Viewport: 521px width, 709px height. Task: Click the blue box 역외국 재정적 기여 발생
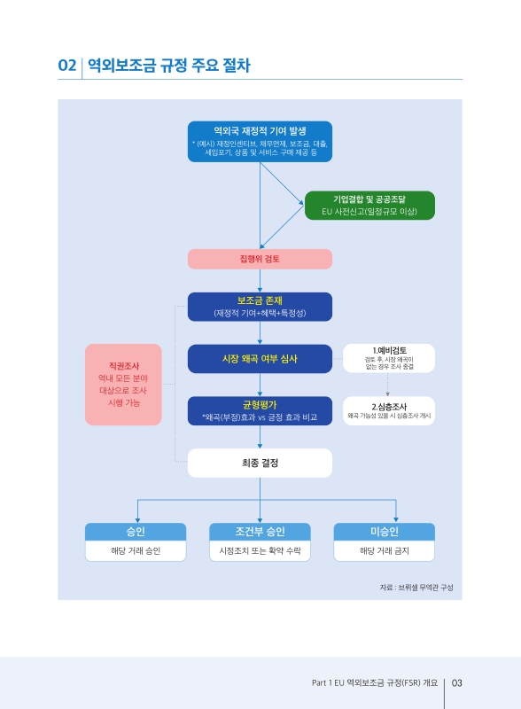tap(260, 141)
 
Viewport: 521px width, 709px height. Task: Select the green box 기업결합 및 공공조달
tap(369, 205)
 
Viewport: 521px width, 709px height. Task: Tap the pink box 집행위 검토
tap(260, 259)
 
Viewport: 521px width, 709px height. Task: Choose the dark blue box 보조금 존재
tap(260, 306)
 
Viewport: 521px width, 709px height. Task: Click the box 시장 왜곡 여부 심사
tap(260, 359)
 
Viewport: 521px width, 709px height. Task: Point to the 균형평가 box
tap(260, 410)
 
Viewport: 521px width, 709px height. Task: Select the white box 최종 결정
tap(260, 462)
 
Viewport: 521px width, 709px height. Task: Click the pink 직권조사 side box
tap(123, 384)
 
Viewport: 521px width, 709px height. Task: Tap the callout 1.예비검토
tap(388, 356)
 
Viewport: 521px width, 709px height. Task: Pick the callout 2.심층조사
tap(388, 410)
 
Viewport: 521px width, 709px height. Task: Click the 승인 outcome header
tap(136, 531)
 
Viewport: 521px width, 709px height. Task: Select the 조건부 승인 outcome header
tap(260, 531)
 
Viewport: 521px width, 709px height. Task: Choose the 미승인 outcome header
tap(384, 531)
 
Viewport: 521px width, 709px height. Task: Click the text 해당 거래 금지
tap(384, 551)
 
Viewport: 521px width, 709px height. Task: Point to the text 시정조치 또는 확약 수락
tap(260, 551)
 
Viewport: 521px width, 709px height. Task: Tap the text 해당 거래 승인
tap(136, 551)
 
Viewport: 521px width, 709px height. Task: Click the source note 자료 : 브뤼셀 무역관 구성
tap(416, 587)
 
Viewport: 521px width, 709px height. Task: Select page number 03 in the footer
tap(457, 682)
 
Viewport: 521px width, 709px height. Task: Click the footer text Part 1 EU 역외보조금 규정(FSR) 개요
tap(376, 682)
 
